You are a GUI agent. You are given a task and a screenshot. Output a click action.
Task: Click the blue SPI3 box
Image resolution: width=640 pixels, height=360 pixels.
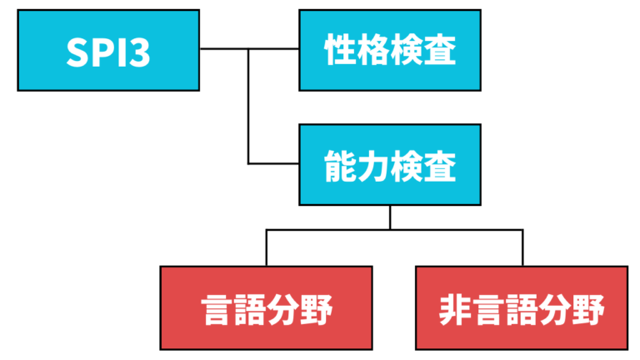click(108, 49)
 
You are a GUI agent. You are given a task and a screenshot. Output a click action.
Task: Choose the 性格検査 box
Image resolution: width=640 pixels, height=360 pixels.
click(389, 49)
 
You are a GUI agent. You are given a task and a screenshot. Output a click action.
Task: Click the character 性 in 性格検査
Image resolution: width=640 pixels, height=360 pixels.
click(339, 50)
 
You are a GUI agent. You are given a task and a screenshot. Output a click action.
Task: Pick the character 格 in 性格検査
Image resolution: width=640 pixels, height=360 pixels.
click(372, 50)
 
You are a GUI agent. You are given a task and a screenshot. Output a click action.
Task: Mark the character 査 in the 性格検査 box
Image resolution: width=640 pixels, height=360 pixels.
click(439, 50)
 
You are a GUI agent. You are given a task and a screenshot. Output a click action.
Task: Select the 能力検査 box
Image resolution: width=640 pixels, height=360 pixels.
click(389, 164)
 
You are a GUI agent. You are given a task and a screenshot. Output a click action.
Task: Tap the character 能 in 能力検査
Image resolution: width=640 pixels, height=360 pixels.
click(339, 165)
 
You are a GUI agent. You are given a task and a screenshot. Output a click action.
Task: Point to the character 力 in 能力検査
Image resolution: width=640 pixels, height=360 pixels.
click(372, 165)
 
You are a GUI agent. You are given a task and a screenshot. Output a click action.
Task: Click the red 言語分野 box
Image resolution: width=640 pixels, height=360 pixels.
click(267, 307)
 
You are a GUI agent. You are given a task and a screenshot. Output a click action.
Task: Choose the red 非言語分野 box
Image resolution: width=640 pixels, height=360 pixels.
click(522, 307)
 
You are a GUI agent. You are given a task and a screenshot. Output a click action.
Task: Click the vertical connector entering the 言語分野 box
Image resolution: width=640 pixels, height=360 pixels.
click(267, 248)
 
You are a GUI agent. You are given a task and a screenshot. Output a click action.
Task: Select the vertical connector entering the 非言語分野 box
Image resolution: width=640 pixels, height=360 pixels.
click(522, 248)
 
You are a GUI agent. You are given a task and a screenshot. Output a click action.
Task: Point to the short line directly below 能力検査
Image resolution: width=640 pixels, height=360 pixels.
click(389, 217)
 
